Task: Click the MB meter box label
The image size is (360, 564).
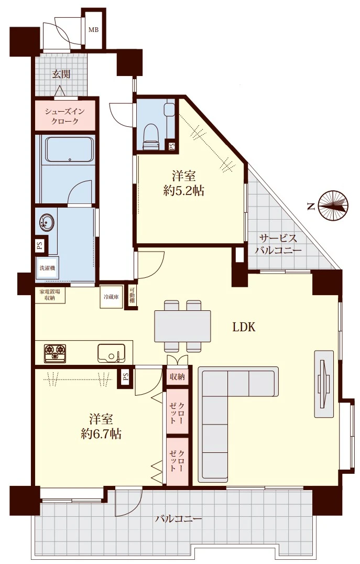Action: [93, 30]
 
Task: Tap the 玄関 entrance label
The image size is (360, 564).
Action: [61, 74]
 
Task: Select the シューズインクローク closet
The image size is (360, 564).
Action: [65, 115]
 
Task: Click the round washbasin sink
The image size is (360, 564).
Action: [46, 222]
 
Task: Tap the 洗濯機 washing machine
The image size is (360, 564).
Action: [47, 268]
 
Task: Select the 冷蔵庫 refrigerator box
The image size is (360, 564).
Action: [111, 297]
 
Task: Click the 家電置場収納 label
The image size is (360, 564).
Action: [50, 294]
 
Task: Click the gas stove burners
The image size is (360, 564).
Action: [55, 353]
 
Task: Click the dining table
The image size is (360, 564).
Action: [182, 326]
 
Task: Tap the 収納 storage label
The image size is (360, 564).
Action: [177, 376]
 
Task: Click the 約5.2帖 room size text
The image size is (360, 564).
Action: [184, 191]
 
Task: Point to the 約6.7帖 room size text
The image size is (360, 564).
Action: [101, 433]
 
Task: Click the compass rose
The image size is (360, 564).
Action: [333, 205]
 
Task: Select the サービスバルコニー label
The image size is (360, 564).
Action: [278, 244]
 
